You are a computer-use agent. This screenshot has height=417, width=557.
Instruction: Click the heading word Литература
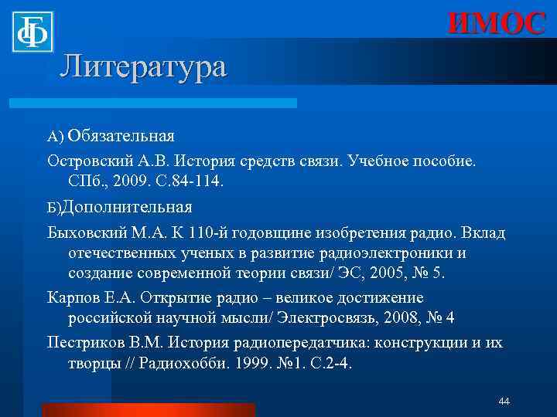click(x=143, y=66)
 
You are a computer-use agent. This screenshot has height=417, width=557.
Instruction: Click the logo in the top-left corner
click(x=32, y=31)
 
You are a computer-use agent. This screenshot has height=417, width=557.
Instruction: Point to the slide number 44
click(x=504, y=402)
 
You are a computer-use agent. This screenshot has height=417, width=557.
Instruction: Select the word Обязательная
click(x=121, y=136)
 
